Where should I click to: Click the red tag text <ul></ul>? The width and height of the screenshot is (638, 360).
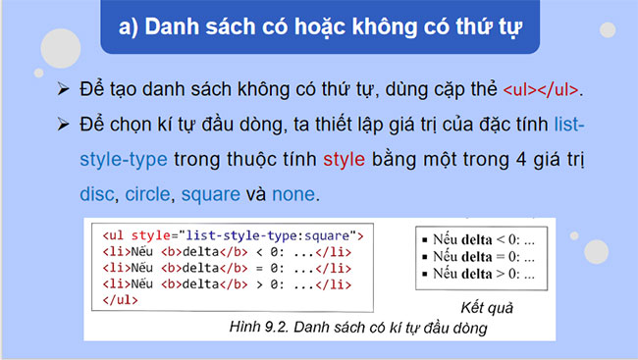(541, 89)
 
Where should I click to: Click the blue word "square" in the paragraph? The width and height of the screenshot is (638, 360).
(209, 193)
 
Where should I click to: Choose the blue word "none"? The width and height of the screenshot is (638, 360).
(292, 193)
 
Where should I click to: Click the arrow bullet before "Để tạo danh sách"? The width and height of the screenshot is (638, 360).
(64, 89)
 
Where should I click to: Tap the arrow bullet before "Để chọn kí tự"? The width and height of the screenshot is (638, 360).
(64, 125)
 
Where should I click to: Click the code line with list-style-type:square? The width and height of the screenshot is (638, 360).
(233, 236)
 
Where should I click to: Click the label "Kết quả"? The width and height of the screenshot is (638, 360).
(487, 307)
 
